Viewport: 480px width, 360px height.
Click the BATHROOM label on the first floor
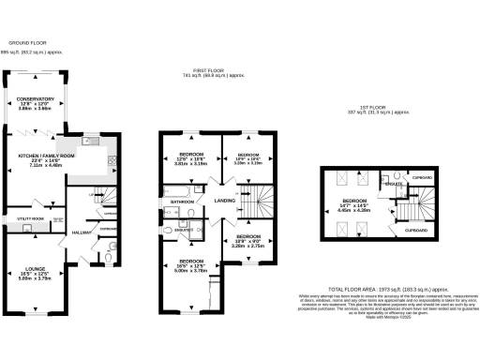click(182, 201)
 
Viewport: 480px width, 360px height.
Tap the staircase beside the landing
click(255, 198)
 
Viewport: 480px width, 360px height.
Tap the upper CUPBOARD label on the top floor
click(422, 176)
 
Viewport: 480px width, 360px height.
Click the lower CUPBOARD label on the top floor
click(417, 228)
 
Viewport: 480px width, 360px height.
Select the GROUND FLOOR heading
click(27, 42)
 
